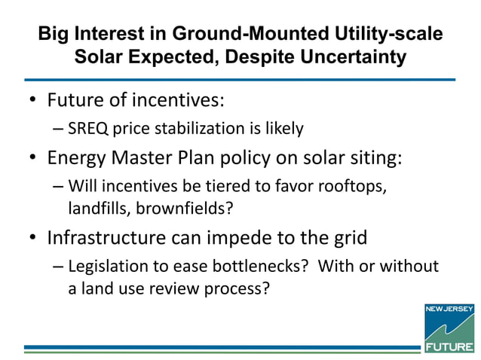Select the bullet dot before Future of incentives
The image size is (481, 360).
(x=32, y=100)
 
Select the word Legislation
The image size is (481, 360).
(x=108, y=267)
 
